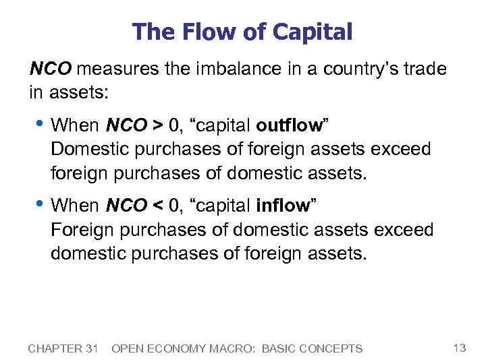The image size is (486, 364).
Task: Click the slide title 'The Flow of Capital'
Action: (x=242, y=32)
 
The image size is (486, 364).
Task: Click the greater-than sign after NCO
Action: (x=157, y=126)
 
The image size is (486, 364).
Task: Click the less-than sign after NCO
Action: (x=157, y=206)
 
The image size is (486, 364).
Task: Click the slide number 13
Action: (x=460, y=348)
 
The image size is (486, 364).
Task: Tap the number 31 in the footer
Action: (x=92, y=348)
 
